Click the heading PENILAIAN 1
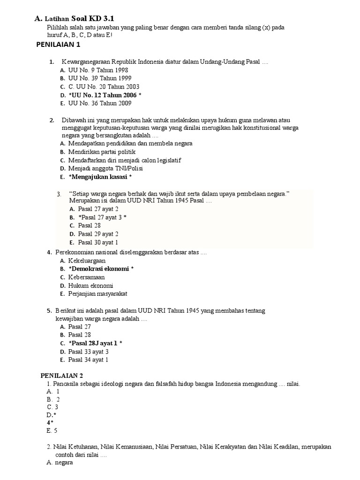tap(59, 45)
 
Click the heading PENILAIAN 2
tap(62, 375)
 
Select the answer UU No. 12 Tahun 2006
tap(103, 95)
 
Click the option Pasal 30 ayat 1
tap(98, 242)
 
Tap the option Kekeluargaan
tap(87, 261)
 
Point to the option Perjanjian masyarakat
tap(97, 294)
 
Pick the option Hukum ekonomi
tap(90, 285)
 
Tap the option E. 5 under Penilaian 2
tap(52, 430)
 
